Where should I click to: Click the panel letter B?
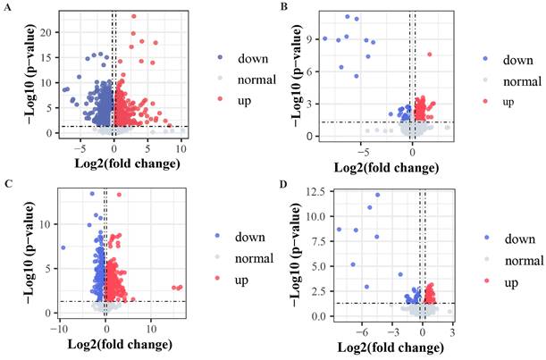284,7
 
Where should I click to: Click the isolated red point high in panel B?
430,54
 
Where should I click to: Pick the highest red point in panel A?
133,16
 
